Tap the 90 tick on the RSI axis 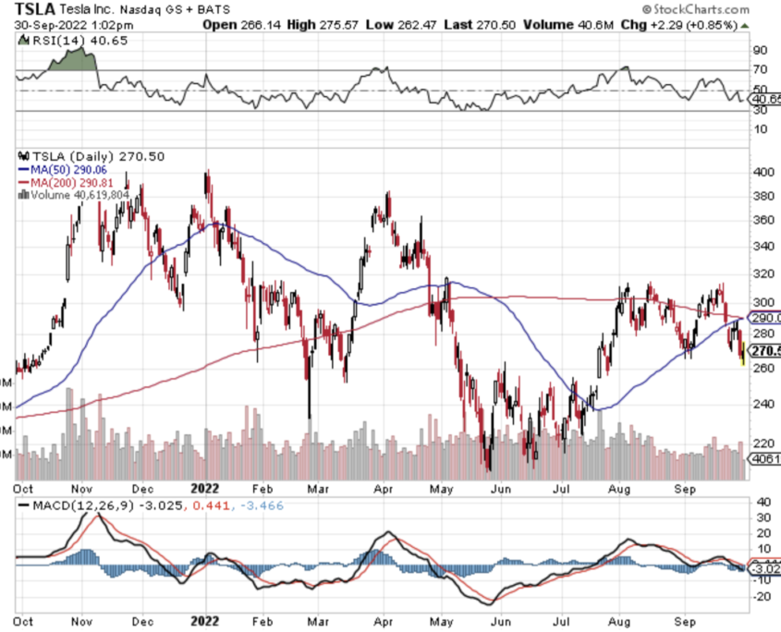pos(761,50)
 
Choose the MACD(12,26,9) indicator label pos(81,505)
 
